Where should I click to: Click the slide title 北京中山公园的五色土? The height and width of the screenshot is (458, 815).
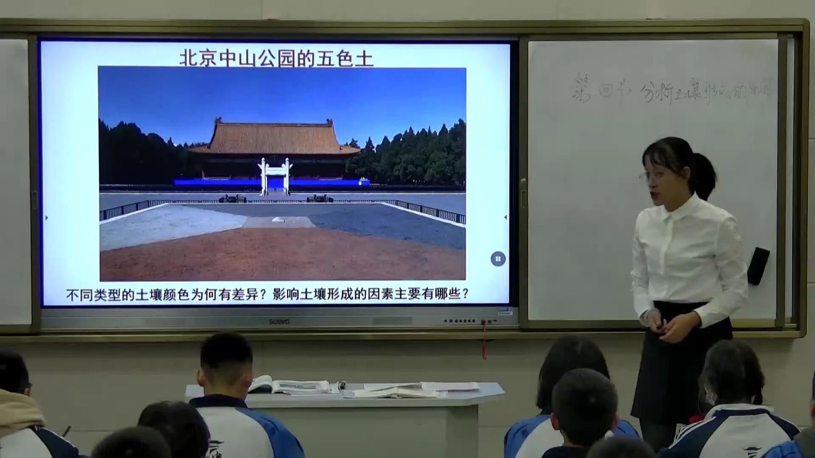click(x=276, y=58)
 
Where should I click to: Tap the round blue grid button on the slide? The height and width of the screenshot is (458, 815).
click(x=498, y=259)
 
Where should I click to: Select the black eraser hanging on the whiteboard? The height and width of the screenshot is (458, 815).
click(x=758, y=266)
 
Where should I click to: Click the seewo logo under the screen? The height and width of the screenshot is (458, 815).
click(x=279, y=322)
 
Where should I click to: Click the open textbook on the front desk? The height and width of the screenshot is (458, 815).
click(x=293, y=386)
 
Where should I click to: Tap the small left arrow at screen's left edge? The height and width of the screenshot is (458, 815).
click(x=47, y=218)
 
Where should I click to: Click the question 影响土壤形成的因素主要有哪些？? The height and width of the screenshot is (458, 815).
click(x=371, y=294)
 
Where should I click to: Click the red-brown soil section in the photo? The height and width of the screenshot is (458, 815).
click(x=280, y=254)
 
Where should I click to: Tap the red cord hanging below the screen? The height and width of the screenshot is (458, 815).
click(x=484, y=341)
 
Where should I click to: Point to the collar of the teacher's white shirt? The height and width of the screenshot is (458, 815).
click(x=673, y=212)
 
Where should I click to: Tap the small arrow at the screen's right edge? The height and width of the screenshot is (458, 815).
click(x=505, y=217)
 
